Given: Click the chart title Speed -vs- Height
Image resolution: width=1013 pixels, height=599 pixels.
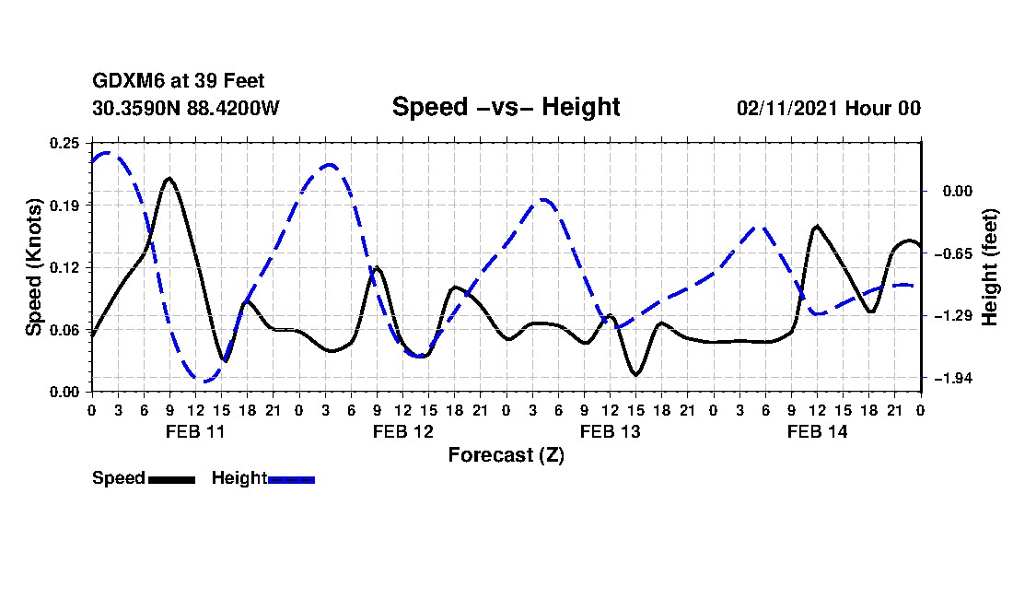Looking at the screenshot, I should tap(506, 107).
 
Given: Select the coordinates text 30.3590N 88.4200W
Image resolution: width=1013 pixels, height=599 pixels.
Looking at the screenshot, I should tap(185, 108).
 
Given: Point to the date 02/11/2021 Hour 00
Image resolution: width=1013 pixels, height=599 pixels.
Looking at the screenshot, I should tap(828, 108).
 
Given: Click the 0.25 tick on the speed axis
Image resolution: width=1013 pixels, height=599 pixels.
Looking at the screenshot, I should tap(66, 143).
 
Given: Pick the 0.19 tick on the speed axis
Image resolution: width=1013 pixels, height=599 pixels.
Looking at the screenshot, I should tap(66, 205).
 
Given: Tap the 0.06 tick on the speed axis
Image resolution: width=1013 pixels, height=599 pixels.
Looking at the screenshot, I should tap(66, 330).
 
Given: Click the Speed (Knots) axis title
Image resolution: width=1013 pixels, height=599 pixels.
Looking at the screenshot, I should tap(34, 267).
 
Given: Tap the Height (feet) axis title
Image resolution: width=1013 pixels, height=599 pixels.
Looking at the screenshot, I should tap(991, 267).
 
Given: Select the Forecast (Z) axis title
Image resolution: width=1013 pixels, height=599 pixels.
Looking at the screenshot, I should tap(506, 455).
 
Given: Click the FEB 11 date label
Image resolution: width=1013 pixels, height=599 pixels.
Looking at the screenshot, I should tap(194, 431).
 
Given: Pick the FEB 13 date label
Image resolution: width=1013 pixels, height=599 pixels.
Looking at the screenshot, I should tap(610, 431).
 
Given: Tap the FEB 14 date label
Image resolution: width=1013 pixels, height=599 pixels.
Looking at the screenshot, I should tap(817, 431).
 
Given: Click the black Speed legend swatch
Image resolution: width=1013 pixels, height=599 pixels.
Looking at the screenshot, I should tap(171, 479).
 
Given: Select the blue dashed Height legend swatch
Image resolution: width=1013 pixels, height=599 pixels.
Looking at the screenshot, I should tap(291, 479).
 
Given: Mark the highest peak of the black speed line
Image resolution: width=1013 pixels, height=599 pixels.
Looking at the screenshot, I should tap(169, 178).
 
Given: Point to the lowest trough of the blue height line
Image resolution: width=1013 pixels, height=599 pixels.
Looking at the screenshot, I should tap(204, 381).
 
